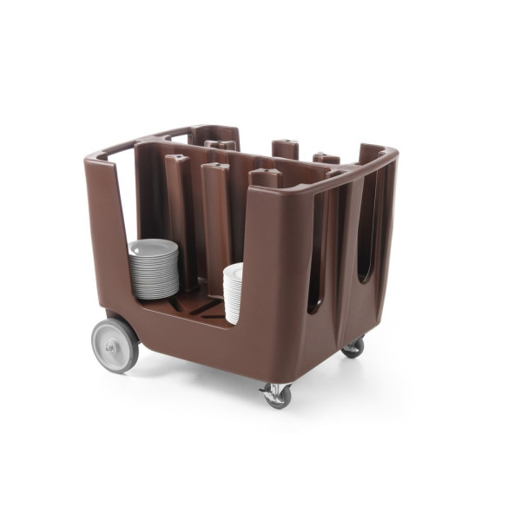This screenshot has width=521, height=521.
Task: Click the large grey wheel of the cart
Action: (x=115, y=345)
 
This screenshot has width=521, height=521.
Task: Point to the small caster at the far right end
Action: (x=353, y=347)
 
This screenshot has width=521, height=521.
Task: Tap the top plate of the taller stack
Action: (x=153, y=246)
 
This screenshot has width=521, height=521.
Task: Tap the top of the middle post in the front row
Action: (x=215, y=167)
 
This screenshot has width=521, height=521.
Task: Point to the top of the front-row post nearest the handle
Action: (x=176, y=159)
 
